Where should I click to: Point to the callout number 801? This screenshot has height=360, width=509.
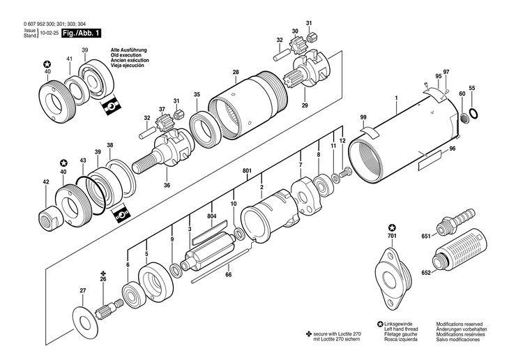coord(248,172)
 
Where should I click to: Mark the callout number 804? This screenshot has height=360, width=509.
coord(212,217)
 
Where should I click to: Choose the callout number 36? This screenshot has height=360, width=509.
coord(167,185)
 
